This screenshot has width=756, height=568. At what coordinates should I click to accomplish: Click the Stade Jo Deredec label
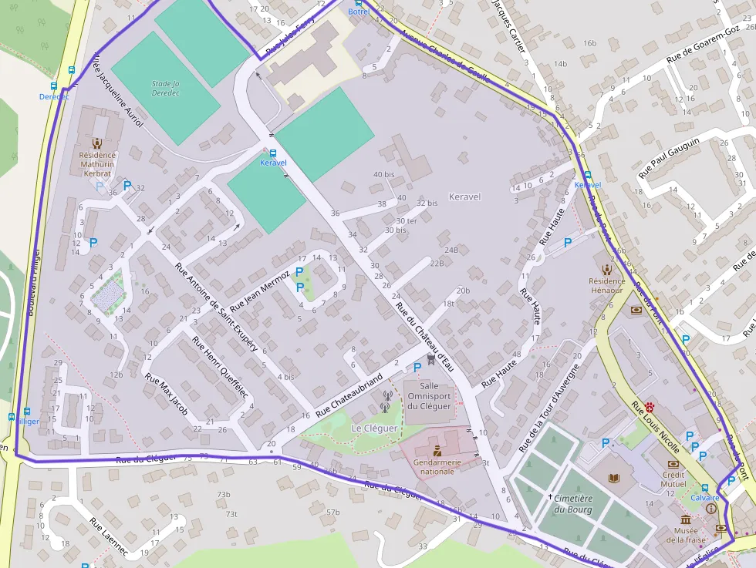tap(165, 87)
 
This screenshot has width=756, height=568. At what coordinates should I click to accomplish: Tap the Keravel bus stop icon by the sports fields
tap(273, 153)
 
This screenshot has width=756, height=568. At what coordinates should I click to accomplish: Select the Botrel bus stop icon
tap(359, 3)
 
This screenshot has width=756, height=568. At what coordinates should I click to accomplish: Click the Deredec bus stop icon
tap(54, 86)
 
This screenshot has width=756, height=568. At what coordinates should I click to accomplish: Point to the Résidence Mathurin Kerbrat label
tap(96, 163)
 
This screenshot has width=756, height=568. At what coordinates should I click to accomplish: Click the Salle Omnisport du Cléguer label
tap(430, 395)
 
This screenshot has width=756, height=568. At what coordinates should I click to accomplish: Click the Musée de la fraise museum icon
tap(686, 520)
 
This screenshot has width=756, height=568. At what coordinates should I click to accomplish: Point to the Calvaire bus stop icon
tap(704, 487)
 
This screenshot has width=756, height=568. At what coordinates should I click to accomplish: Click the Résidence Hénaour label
tap(606, 285)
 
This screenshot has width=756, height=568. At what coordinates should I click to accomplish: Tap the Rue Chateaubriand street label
tap(349, 392)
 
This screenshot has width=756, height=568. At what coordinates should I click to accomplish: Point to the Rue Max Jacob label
tap(166, 394)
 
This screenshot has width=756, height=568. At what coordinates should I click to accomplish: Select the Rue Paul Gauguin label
tap(668, 158)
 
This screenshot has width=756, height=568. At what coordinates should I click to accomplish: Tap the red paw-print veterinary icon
tap(650, 405)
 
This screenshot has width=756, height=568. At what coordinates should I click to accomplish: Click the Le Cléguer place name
tap(374, 428)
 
